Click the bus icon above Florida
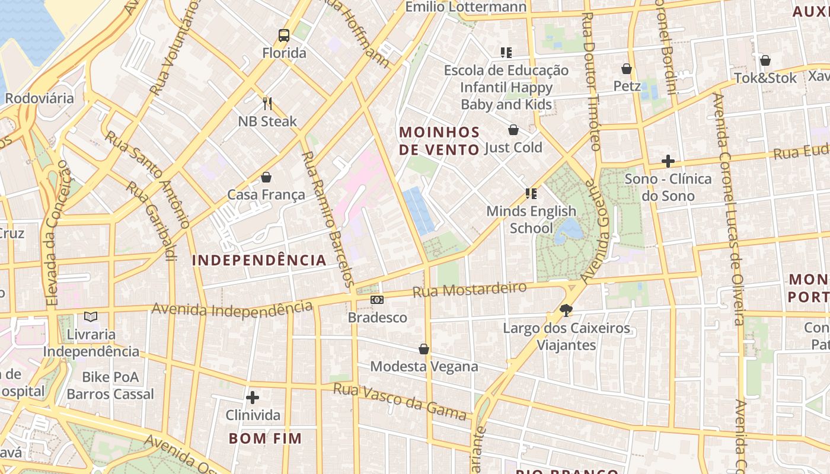click(x=284, y=36)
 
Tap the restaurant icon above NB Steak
click(x=267, y=104)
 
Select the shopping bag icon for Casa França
click(x=266, y=177)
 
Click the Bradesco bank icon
click(x=377, y=300)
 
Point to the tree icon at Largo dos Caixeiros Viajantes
click(x=566, y=310)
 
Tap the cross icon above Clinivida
click(x=253, y=397)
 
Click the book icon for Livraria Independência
click(x=91, y=317)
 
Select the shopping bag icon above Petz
click(x=627, y=69)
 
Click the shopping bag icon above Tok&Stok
click(x=765, y=60)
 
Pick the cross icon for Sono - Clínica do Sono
click(x=668, y=161)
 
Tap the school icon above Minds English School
click(x=531, y=194)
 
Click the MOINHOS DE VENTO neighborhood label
click(x=439, y=140)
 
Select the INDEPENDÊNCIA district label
click(x=259, y=260)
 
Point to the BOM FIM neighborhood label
click(x=265, y=438)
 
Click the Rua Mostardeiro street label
click(x=470, y=290)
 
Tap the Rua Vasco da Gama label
click(x=400, y=401)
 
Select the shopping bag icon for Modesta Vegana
click(x=424, y=349)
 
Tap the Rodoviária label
click(x=39, y=98)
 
